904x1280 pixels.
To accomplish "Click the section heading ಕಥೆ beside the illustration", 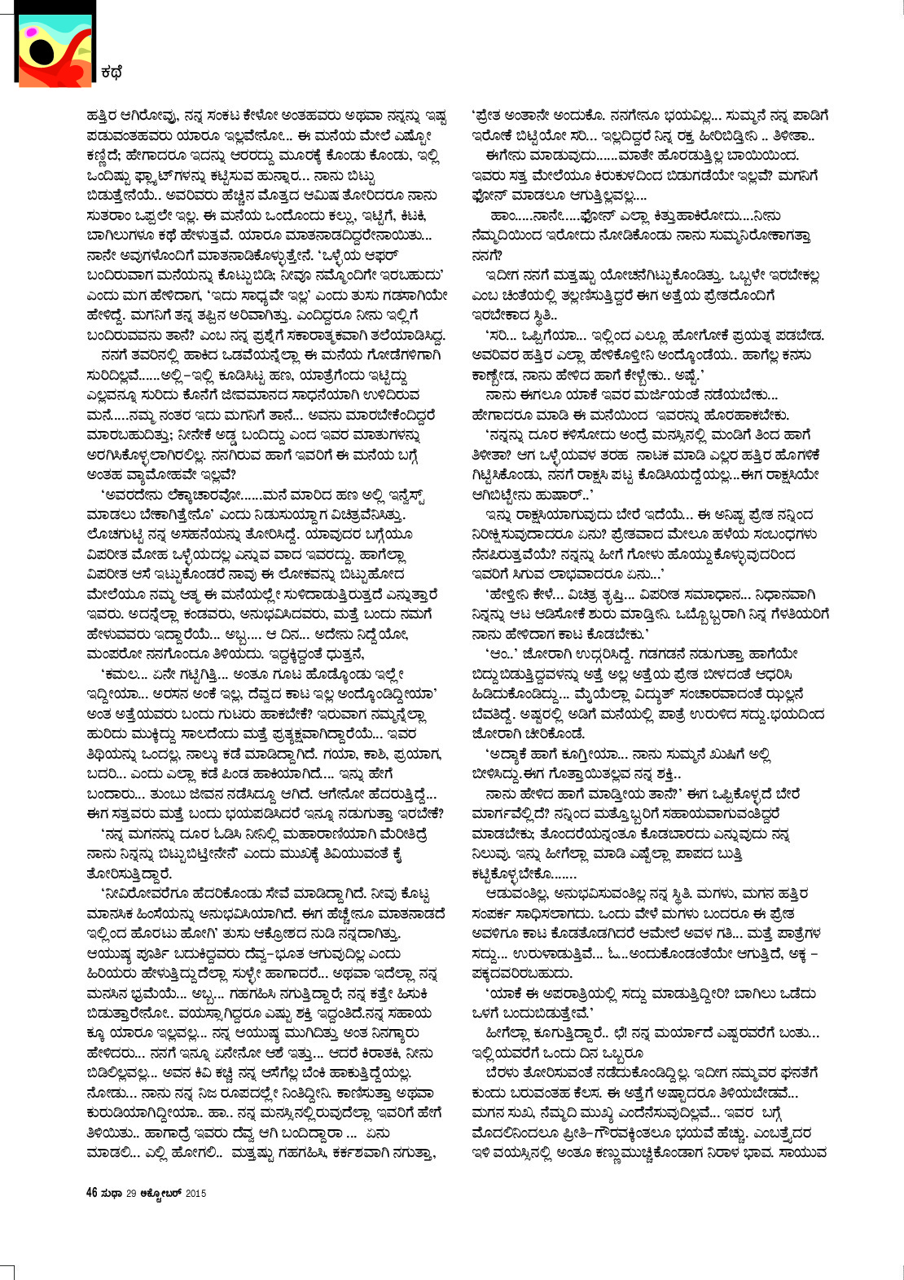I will (x=112, y=72).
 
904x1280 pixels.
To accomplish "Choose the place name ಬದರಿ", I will (x=101, y=772).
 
